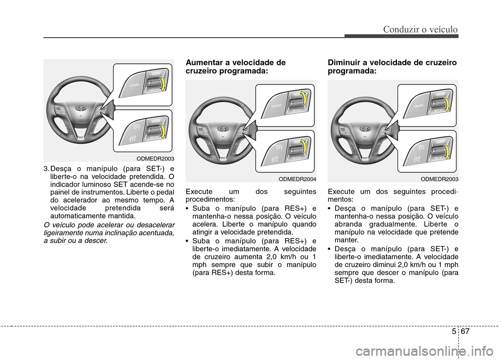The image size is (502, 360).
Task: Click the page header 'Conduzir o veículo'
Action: coord(420,29)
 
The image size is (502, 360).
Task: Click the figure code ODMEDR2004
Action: coord(296,178)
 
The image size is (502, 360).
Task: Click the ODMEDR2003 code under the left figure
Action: coord(155,158)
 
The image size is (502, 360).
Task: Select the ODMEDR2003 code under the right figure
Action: coord(439,178)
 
